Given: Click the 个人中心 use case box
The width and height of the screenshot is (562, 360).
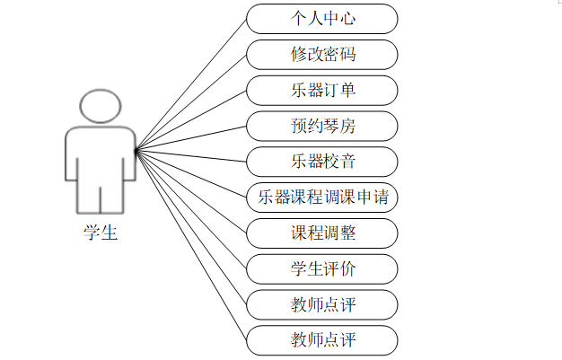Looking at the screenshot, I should coord(321,18).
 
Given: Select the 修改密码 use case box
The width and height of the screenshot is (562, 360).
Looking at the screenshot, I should coord(321,54).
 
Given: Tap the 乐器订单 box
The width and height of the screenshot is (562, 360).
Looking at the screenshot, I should coord(321,90).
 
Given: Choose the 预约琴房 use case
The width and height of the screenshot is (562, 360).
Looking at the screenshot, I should coord(321,126).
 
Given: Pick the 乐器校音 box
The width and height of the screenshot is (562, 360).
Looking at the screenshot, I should coord(321,162).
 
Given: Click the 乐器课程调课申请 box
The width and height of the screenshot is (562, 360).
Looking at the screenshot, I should coord(321,197).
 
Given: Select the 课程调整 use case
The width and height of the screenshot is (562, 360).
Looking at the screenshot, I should coord(321,233).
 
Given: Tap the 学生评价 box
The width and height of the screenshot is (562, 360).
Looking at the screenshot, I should coord(321,268).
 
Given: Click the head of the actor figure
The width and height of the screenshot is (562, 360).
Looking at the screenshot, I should coord(100,105).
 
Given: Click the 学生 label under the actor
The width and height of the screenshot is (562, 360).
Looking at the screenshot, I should coord(100,233).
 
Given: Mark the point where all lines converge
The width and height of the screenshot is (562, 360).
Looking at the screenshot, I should coord(136,151).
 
